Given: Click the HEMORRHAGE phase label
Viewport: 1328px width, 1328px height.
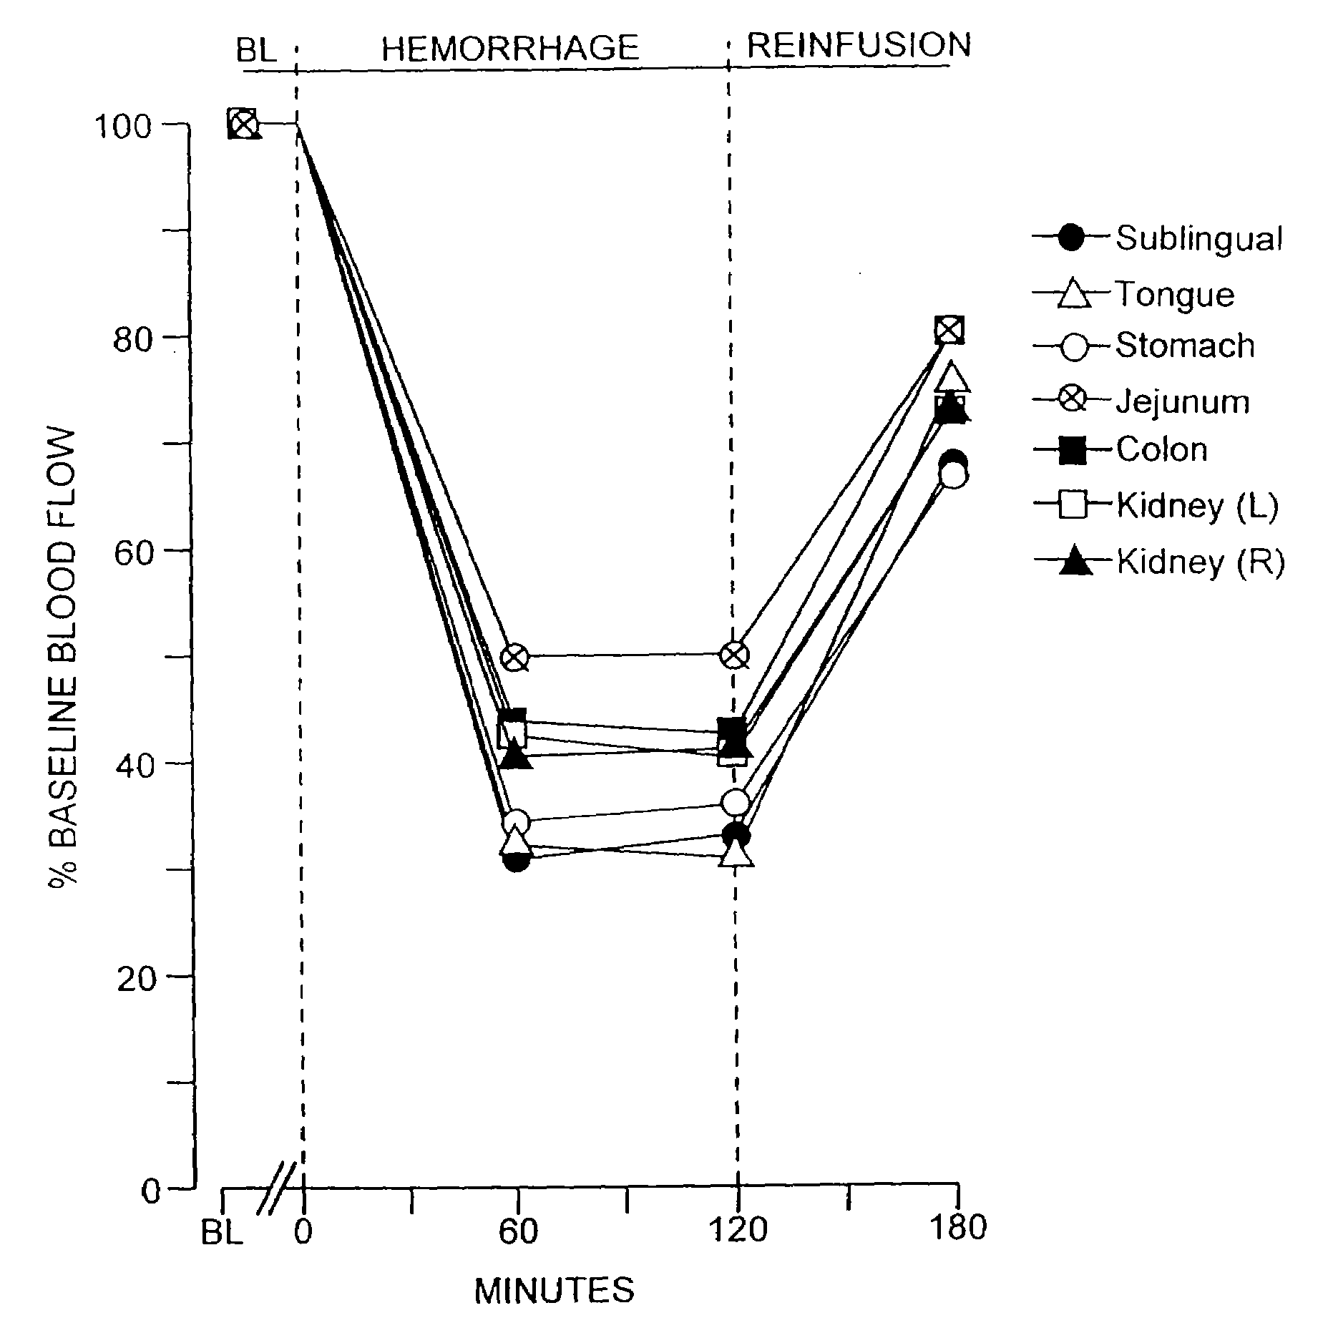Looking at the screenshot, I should pyautogui.click(x=509, y=49).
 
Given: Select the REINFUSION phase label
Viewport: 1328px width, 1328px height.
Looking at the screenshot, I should pyautogui.click(x=859, y=45).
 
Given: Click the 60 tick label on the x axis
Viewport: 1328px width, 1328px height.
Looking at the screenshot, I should pyautogui.click(x=517, y=1229).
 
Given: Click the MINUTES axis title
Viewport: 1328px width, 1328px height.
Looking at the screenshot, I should pyautogui.click(x=555, y=1290).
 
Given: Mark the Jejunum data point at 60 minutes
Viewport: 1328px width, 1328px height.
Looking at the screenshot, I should pyautogui.click(x=515, y=656).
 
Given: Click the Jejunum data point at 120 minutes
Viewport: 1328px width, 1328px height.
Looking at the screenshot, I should pyautogui.click(x=735, y=655).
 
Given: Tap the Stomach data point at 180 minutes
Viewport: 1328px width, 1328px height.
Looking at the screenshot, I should pyautogui.click(x=954, y=475).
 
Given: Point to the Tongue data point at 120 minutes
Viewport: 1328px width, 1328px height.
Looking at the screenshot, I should pyautogui.click(x=737, y=854).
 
